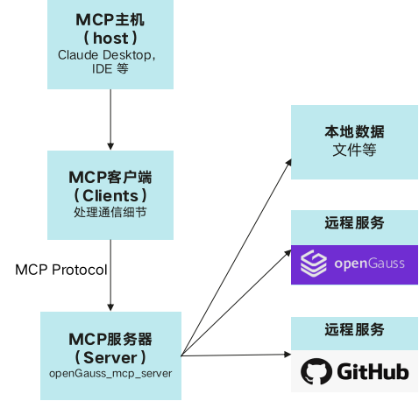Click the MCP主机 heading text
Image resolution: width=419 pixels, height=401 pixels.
click(110, 20)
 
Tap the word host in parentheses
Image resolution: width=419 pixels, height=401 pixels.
click(110, 39)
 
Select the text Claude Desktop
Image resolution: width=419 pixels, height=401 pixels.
click(104, 55)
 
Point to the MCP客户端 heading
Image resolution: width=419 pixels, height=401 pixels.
click(110, 177)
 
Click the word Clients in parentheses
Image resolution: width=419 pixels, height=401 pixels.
click(110, 195)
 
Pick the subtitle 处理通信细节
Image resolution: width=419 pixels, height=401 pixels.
click(110, 212)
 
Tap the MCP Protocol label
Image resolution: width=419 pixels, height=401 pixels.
click(61, 270)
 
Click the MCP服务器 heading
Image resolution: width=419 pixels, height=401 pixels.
click(110, 339)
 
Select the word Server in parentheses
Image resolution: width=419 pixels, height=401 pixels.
click(110, 357)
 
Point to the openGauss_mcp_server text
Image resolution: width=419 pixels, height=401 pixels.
click(110, 374)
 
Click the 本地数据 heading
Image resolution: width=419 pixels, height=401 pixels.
click(354, 131)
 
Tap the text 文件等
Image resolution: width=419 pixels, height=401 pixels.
click(354, 150)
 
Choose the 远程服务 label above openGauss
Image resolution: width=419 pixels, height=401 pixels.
click(354, 223)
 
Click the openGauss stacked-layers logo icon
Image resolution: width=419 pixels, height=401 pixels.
click(314, 264)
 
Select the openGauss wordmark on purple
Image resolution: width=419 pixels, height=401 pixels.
click(370, 264)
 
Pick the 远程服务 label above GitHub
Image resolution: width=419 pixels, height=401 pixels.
click(354, 329)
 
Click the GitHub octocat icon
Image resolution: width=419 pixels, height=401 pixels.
click(316, 371)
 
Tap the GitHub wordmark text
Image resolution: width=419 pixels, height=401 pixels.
click(373, 371)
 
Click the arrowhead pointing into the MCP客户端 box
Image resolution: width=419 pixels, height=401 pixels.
click(110, 146)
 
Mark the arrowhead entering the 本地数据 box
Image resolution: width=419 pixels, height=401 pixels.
click(288, 162)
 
